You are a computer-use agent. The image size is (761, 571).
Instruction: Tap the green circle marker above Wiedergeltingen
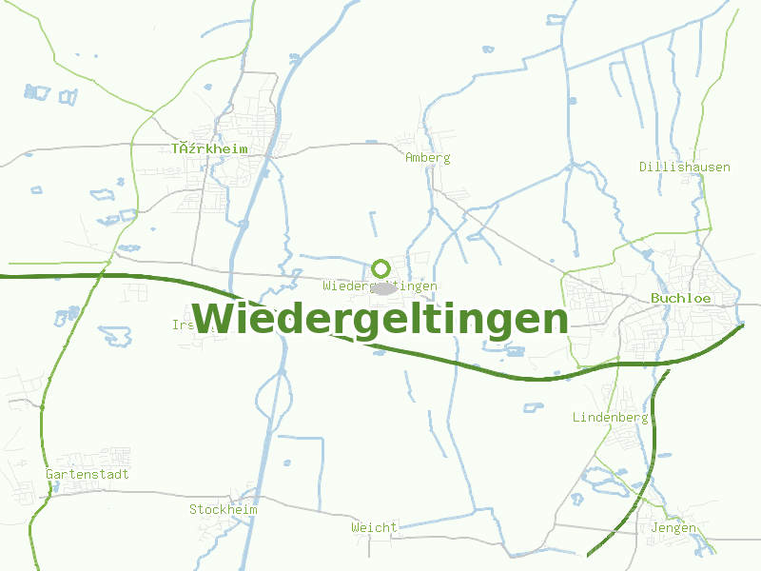[x=381, y=268]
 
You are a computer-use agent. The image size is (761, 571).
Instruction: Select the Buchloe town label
[x=681, y=298]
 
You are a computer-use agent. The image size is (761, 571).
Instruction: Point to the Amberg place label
[x=427, y=158]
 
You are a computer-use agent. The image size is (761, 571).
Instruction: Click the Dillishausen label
[x=685, y=167]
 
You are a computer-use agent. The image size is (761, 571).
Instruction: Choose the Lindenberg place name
[x=610, y=418]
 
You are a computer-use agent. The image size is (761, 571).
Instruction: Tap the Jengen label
[x=673, y=528]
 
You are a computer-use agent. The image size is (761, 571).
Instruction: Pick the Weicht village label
[x=374, y=527]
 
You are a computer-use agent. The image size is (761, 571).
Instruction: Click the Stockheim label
[x=224, y=510]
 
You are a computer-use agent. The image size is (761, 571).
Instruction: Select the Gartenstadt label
[x=88, y=474]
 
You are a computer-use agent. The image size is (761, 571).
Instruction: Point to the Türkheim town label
[x=209, y=149]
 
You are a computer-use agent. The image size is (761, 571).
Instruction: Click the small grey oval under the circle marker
[x=382, y=286]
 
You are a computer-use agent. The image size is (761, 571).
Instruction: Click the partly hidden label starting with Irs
[x=183, y=325]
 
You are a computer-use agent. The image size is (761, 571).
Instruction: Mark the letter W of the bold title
[x=212, y=319]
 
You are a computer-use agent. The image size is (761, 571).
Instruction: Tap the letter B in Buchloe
[x=655, y=298]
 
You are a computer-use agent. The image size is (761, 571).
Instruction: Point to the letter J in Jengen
[x=654, y=528]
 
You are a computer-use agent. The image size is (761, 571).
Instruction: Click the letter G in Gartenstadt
[x=49, y=474]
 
